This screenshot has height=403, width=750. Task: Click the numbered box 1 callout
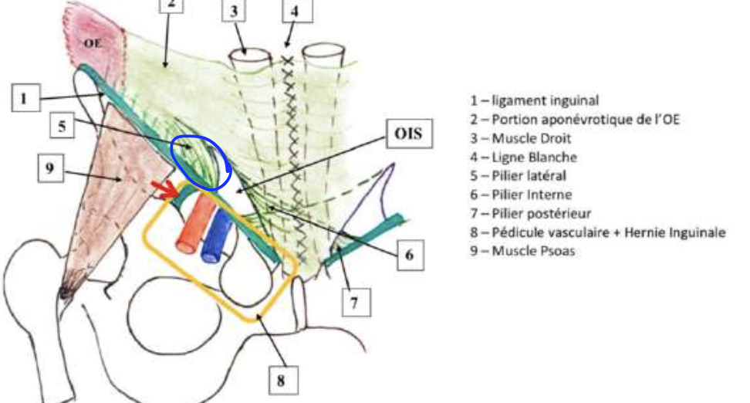pyautogui.click(x=25, y=98)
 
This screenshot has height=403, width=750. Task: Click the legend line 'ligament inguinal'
pyautogui.click(x=534, y=100)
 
